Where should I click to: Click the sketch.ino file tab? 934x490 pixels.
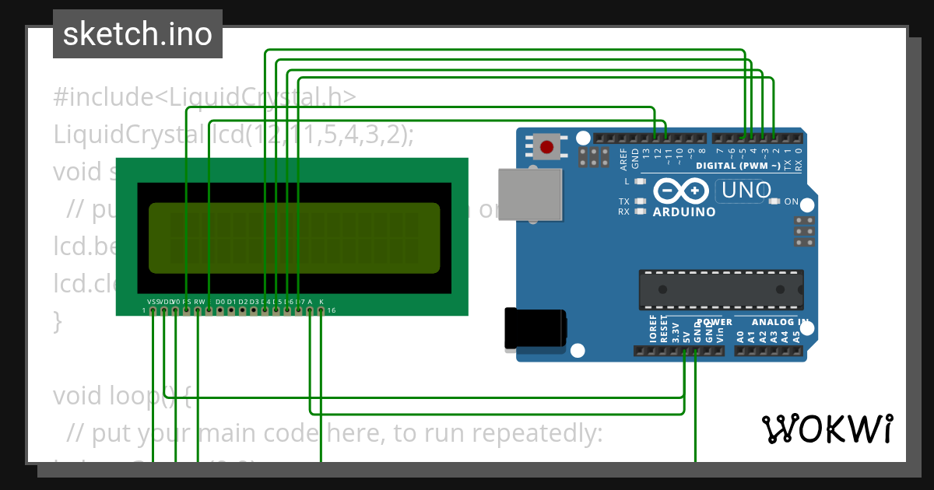tap(137, 34)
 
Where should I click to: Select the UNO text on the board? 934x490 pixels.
tap(746, 190)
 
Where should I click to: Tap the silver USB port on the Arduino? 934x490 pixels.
tap(529, 194)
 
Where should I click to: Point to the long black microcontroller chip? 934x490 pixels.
tap(721, 289)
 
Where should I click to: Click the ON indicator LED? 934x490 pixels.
tap(774, 201)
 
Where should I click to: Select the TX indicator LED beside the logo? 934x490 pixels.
tap(641, 201)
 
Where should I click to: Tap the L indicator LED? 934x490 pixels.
tap(641, 181)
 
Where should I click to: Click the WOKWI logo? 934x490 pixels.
tap(827, 429)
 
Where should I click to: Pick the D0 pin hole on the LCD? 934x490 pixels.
tap(220, 311)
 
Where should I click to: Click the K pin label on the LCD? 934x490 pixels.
tap(321, 302)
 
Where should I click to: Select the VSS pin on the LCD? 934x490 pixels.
tap(153, 311)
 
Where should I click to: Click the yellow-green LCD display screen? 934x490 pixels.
tap(294, 238)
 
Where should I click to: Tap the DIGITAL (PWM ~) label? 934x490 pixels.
tap(737, 166)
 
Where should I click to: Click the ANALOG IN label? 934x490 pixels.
tap(779, 322)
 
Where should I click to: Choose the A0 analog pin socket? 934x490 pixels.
tap(739, 352)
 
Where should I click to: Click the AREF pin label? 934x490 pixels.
tap(623, 161)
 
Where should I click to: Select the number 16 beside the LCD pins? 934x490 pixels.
tap(331, 311)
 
